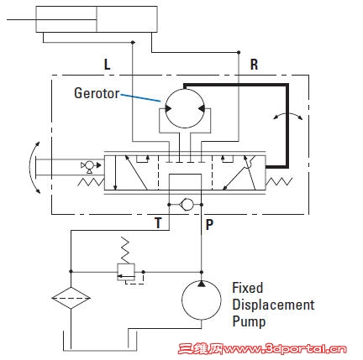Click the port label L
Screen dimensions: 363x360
click(107, 65)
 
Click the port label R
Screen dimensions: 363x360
click(254, 65)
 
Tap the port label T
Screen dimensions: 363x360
click(158, 223)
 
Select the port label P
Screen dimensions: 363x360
click(209, 224)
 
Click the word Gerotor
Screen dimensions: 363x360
click(97, 93)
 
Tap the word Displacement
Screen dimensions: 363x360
click(273, 305)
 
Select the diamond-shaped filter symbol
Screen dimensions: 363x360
click(71, 298)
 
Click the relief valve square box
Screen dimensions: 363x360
click(126, 272)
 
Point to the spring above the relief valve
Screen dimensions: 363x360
click(125, 250)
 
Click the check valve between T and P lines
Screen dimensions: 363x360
click(187, 205)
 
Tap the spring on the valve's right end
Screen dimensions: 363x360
click(279, 181)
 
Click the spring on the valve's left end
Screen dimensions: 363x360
click(91, 182)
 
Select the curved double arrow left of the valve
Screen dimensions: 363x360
click(30, 167)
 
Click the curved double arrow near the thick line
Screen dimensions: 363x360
click(288, 113)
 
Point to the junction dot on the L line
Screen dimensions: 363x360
click(133, 42)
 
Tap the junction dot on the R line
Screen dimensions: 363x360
click(239, 52)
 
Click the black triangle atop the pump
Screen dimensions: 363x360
click(201, 284)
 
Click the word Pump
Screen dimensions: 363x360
click(249, 321)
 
